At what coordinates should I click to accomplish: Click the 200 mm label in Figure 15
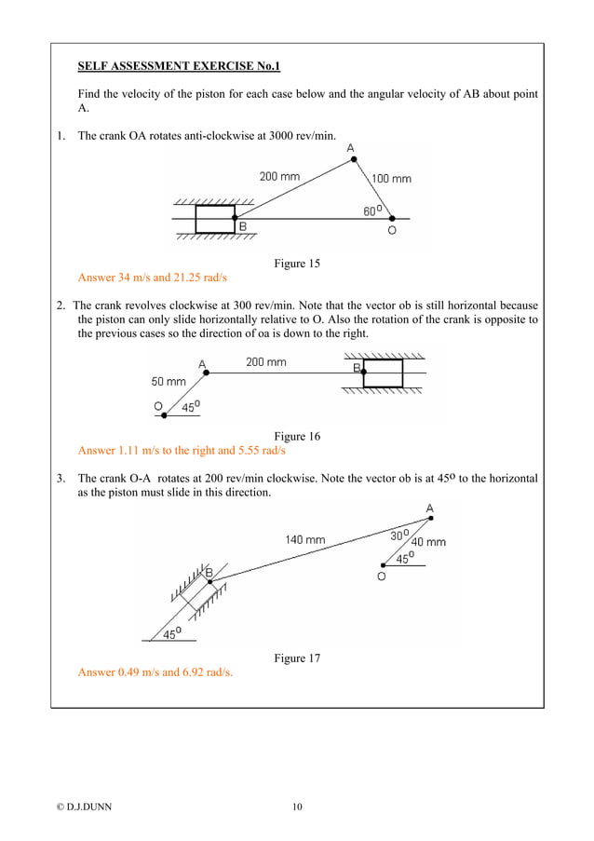pyautogui.click(x=279, y=176)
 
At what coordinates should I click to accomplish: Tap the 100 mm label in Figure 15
pyautogui.click(x=391, y=178)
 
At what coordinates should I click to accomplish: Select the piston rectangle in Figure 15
pyautogui.click(x=215, y=219)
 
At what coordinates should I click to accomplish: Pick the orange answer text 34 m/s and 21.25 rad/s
pyautogui.click(x=153, y=278)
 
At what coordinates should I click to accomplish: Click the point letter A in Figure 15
pyautogui.click(x=350, y=148)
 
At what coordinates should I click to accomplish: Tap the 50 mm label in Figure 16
pyautogui.click(x=169, y=382)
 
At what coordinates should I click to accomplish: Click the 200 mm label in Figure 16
pyautogui.click(x=266, y=362)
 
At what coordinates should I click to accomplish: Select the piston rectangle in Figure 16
pyautogui.click(x=383, y=373)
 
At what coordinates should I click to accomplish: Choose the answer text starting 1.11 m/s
pyautogui.click(x=182, y=451)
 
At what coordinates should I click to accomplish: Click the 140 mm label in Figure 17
pyautogui.click(x=305, y=539)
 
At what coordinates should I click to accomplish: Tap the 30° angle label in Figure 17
pyautogui.click(x=398, y=536)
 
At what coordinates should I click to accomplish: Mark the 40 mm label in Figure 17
pyautogui.click(x=428, y=542)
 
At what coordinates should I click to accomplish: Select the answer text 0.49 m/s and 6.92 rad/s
pyautogui.click(x=155, y=672)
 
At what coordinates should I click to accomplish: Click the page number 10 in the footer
pyautogui.click(x=296, y=807)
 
